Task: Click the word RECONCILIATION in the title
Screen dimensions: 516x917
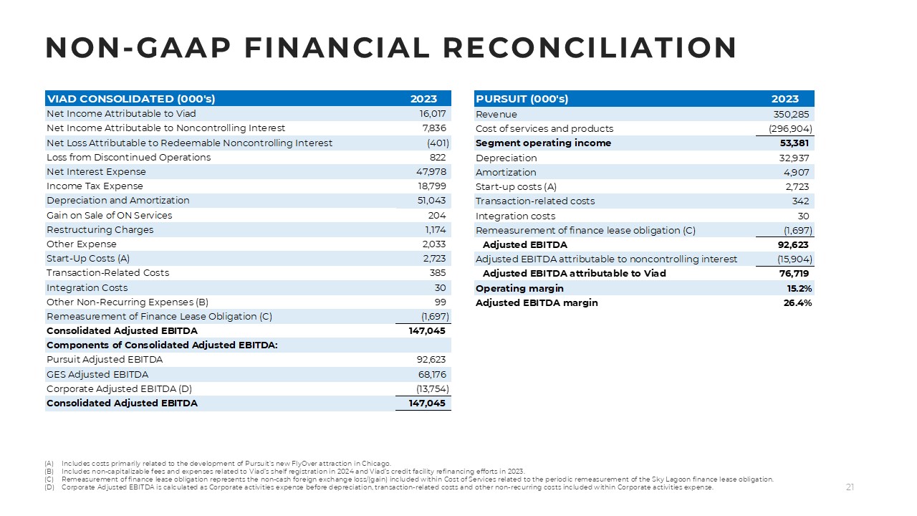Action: pyautogui.click(x=590, y=48)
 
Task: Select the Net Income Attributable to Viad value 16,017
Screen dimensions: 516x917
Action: pyautogui.click(x=433, y=114)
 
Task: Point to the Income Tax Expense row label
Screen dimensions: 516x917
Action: pyautogui.click(x=95, y=186)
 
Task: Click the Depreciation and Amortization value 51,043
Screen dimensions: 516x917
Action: pyautogui.click(x=432, y=201)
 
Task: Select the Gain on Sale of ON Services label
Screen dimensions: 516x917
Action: pyautogui.click(x=109, y=215)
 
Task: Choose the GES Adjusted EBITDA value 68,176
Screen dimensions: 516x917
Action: pyautogui.click(x=431, y=374)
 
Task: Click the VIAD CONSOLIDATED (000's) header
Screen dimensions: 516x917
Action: pyautogui.click(x=130, y=99)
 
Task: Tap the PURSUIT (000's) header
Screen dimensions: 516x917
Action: pyautogui.click(x=522, y=99)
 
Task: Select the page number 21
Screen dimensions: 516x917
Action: pyautogui.click(x=850, y=488)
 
